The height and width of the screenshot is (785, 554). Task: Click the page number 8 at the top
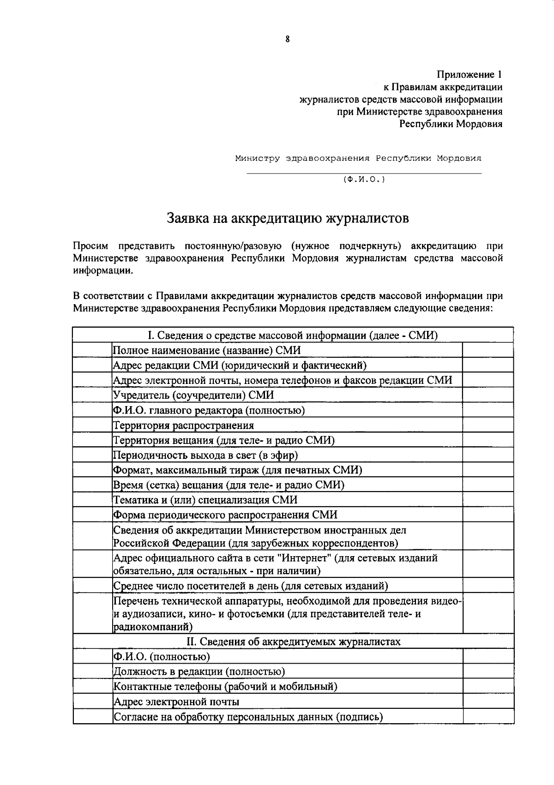[287, 40]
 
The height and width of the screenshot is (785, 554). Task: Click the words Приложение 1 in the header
[470, 74]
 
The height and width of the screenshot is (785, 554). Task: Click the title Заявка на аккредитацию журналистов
[288, 218]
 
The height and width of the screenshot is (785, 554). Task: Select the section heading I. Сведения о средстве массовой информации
[292, 335]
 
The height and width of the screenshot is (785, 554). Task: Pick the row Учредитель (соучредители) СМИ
[193, 395]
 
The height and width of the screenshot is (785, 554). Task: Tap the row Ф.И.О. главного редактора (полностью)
[209, 410]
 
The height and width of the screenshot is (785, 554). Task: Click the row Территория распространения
[184, 425]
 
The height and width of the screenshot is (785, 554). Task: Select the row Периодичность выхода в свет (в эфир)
[205, 455]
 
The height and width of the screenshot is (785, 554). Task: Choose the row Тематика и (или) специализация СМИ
[205, 500]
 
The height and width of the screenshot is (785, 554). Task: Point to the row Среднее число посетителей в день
[251, 586]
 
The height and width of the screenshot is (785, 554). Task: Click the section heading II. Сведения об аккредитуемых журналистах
[293, 641]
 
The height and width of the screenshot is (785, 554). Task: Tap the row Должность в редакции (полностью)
[199, 671]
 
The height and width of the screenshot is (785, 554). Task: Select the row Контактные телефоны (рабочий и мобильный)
[225, 686]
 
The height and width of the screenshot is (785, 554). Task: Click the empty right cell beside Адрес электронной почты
[488, 702]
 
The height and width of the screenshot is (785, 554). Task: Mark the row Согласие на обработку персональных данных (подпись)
[248, 717]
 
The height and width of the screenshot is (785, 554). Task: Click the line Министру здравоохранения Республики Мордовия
[358, 158]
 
